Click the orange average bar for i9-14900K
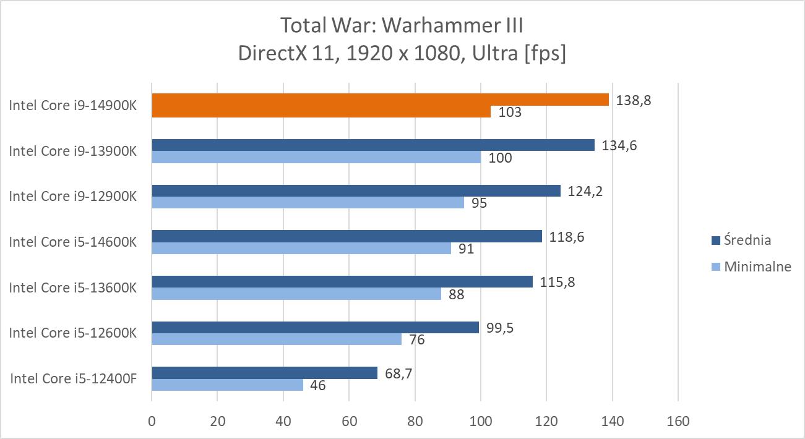click(380, 100)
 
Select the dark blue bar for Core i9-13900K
click(373, 145)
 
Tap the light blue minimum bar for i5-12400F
click(227, 385)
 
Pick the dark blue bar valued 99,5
click(315, 328)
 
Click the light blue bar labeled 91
click(301, 248)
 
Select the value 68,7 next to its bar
click(400, 373)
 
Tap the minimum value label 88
click(456, 294)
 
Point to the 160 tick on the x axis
click(678, 422)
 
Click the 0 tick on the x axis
click(152, 422)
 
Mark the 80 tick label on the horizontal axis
click(415, 422)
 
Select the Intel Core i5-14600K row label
click(72, 242)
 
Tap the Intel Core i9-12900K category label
click(72, 196)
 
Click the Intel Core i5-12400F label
click(72, 378)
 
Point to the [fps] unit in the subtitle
click(545, 54)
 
